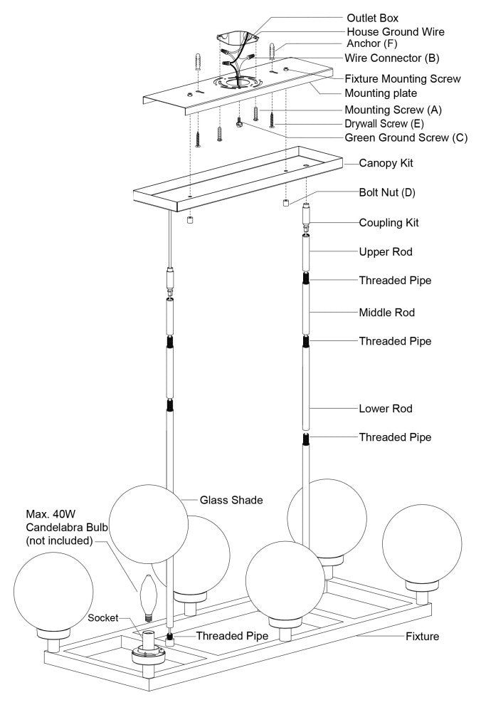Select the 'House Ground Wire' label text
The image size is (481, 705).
point(396,32)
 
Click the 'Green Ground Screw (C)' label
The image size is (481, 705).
point(406,137)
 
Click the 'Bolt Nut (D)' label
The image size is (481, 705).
point(388,193)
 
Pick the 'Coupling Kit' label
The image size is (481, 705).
point(388,222)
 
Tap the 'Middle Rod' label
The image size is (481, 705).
point(386,312)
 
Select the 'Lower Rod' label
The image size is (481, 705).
point(386,409)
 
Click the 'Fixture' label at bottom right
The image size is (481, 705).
point(423,636)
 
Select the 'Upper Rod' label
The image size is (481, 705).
point(385,252)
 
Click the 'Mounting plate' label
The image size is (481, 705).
point(380,93)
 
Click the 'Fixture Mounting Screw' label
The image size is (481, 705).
point(403,79)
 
